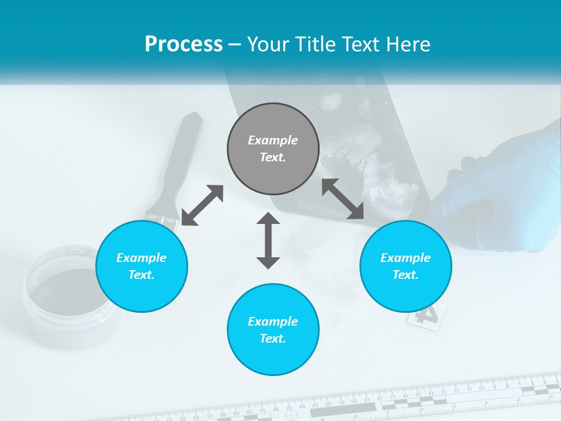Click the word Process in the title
point(183,44)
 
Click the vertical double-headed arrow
point(268,240)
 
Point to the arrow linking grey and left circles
point(202,205)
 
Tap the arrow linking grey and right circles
point(343,199)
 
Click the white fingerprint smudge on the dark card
point(374,170)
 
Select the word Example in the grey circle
point(273,140)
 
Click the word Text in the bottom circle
point(273,339)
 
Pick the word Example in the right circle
point(406,258)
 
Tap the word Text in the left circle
point(141,275)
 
